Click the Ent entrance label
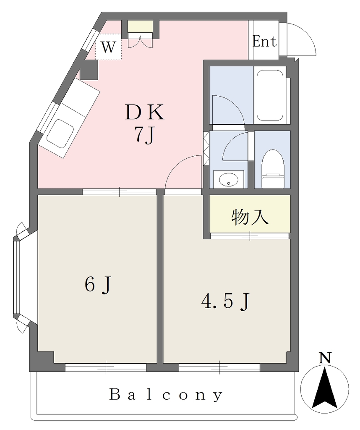tap(264, 42)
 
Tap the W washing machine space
tap(108, 47)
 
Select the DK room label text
tap(145, 113)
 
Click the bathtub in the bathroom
tap(270, 95)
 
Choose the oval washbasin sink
tap(228, 180)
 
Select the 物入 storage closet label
tap(250, 217)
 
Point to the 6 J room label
tap(98, 285)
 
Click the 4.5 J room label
tap(225, 302)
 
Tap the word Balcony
tap(166, 395)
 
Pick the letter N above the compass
tap(325, 358)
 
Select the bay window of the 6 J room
tap(22, 277)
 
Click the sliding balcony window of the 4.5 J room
tap(219, 367)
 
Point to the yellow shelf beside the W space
tap(140, 26)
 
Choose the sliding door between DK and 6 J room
tap(120, 191)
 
